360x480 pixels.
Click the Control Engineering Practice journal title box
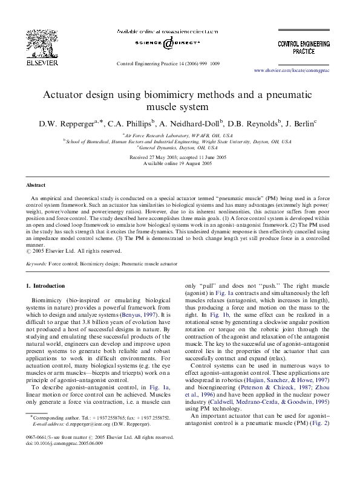[304, 47]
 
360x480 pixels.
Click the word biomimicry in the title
[175, 96]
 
